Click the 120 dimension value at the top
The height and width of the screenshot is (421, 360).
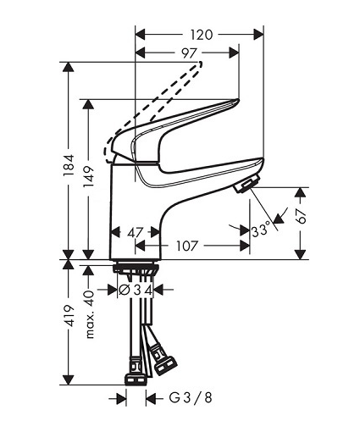(201, 35)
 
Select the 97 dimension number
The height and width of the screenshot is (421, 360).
(189, 53)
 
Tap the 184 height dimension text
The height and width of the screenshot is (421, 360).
(69, 166)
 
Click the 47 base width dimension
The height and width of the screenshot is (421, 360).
(136, 233)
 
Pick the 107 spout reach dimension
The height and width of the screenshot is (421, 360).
(187, 246)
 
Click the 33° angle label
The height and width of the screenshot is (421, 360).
(261, 229)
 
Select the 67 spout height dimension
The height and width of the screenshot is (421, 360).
(302, 216)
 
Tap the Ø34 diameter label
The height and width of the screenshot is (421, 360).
(136, 290)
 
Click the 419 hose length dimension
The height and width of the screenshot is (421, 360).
(69, 316)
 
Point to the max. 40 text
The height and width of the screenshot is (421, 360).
(89, 313)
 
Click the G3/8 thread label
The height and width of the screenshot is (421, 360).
(190, 398)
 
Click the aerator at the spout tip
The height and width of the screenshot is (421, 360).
(246, 183)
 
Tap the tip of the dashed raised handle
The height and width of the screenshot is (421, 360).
(200, 64)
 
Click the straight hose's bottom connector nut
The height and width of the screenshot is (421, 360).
(136, 379)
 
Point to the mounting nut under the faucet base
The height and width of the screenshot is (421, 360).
(136, 268)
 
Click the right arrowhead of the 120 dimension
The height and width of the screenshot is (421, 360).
(258, 35)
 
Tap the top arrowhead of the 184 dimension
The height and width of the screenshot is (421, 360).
(68, 67)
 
